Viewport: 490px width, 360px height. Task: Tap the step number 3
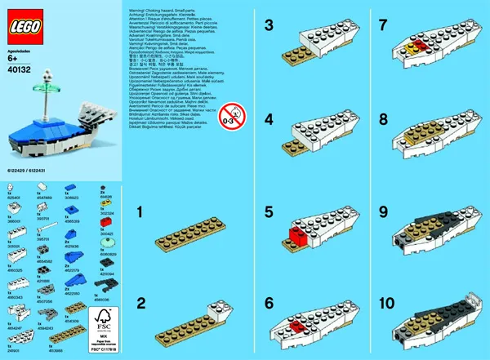269,26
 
